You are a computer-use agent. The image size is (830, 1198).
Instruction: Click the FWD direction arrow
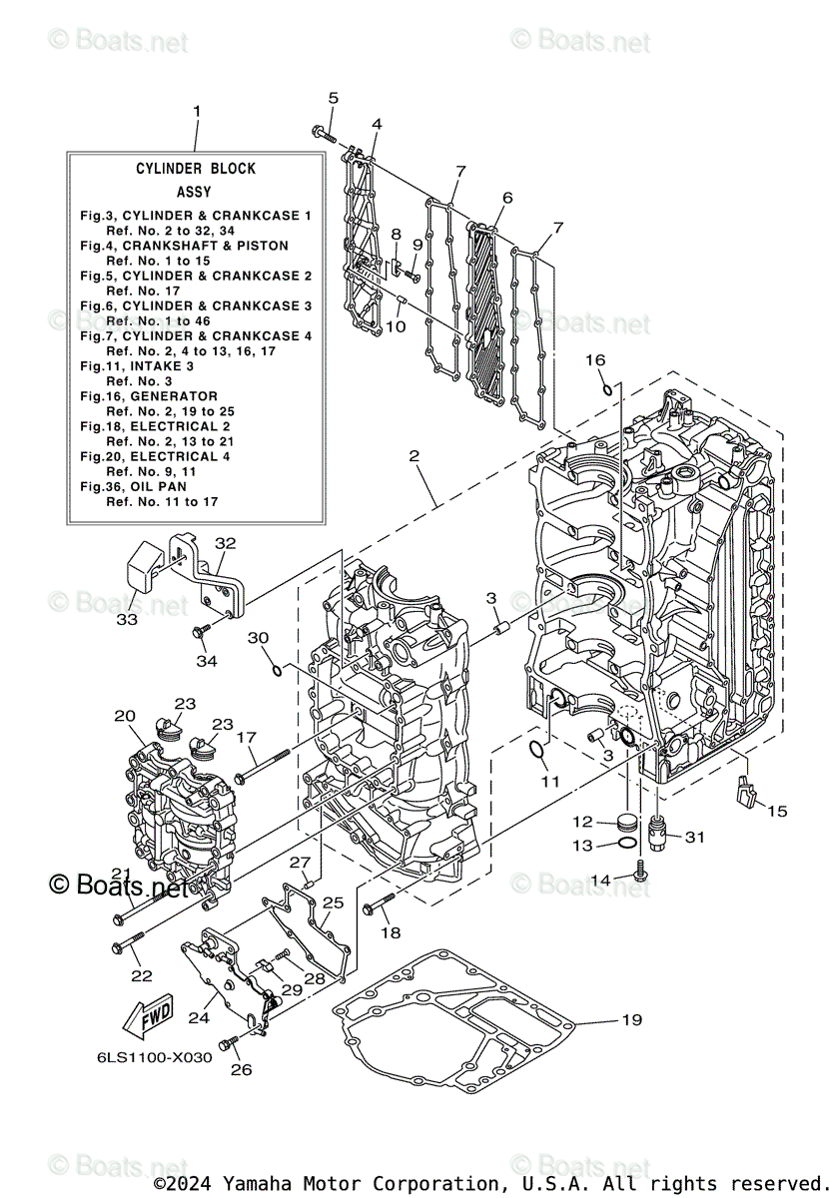coord(146,1017)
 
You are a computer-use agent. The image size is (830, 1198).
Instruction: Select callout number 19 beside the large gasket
coord(630,1019)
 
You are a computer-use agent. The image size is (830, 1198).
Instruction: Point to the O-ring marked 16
coord(606,386)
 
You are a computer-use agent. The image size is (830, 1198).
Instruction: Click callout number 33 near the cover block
coord(126,619)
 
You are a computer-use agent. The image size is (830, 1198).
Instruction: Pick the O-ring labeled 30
coord(277,668)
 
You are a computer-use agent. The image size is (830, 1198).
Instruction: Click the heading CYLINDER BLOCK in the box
coord(196,169)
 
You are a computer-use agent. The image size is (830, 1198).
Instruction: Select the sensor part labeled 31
coord(657,831)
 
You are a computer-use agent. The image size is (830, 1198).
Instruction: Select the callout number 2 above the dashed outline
coord(414,456)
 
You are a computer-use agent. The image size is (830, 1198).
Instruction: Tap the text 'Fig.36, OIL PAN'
coord(137,486)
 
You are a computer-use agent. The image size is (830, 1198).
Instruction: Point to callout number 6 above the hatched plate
coord(506,198)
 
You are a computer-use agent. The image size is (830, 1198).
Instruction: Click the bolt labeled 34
coord(202,631)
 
